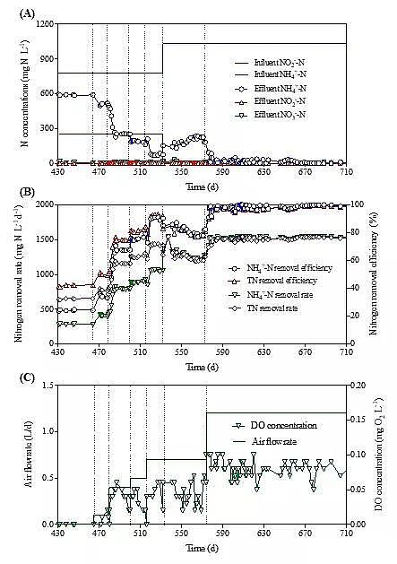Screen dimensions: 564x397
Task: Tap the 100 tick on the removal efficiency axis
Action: tap(360, 204)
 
